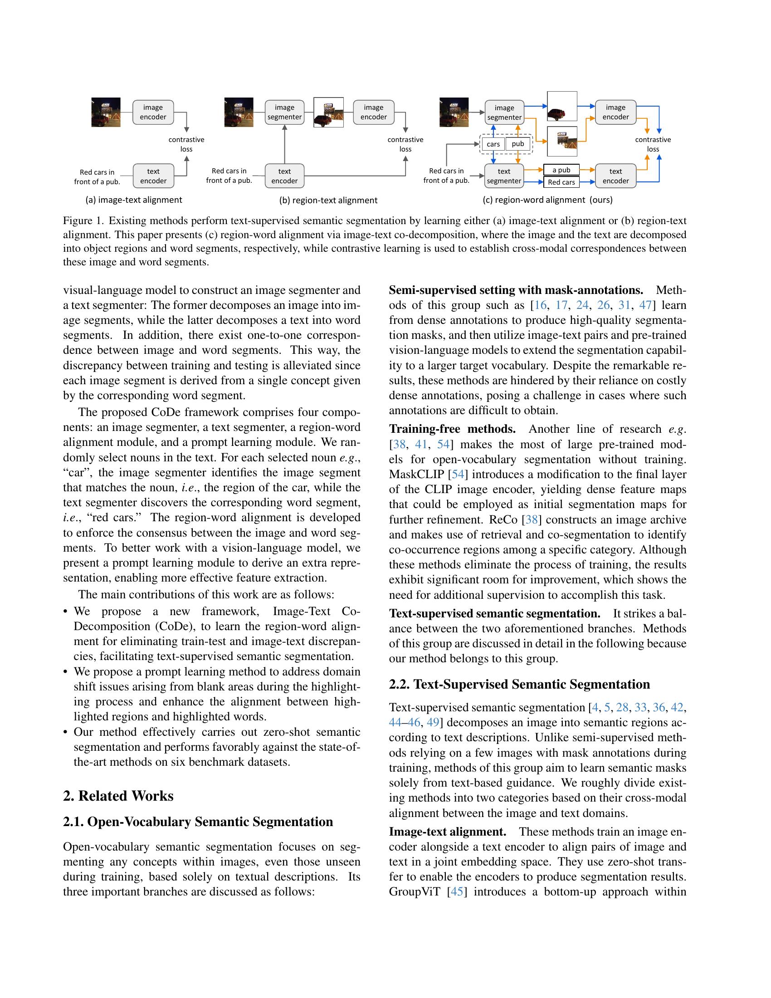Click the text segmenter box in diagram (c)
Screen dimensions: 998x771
point(504,176)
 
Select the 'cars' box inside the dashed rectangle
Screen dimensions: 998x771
point(493,144)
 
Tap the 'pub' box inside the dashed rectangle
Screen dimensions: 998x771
point(517,144)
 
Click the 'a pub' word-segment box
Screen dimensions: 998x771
point(561,170)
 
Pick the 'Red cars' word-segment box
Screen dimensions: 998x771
point(561,182)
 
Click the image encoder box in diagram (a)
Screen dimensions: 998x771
point(153,113)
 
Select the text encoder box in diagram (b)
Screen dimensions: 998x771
point(284,176)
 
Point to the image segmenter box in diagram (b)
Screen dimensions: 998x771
point(284,113)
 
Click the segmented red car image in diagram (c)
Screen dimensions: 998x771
point(562,107)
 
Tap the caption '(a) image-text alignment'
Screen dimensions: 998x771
point(133,200)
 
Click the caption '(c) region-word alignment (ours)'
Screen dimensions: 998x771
point(547,200)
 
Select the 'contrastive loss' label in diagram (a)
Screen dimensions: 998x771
point(186,144)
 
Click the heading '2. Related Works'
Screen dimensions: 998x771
point(118,796)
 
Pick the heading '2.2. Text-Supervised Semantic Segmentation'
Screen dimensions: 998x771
point(519,684)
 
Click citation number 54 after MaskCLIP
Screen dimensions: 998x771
point(458,475)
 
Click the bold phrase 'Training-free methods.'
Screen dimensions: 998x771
point(452,429)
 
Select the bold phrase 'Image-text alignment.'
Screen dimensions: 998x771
point(447,831)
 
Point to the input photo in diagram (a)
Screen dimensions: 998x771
point(106,112)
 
